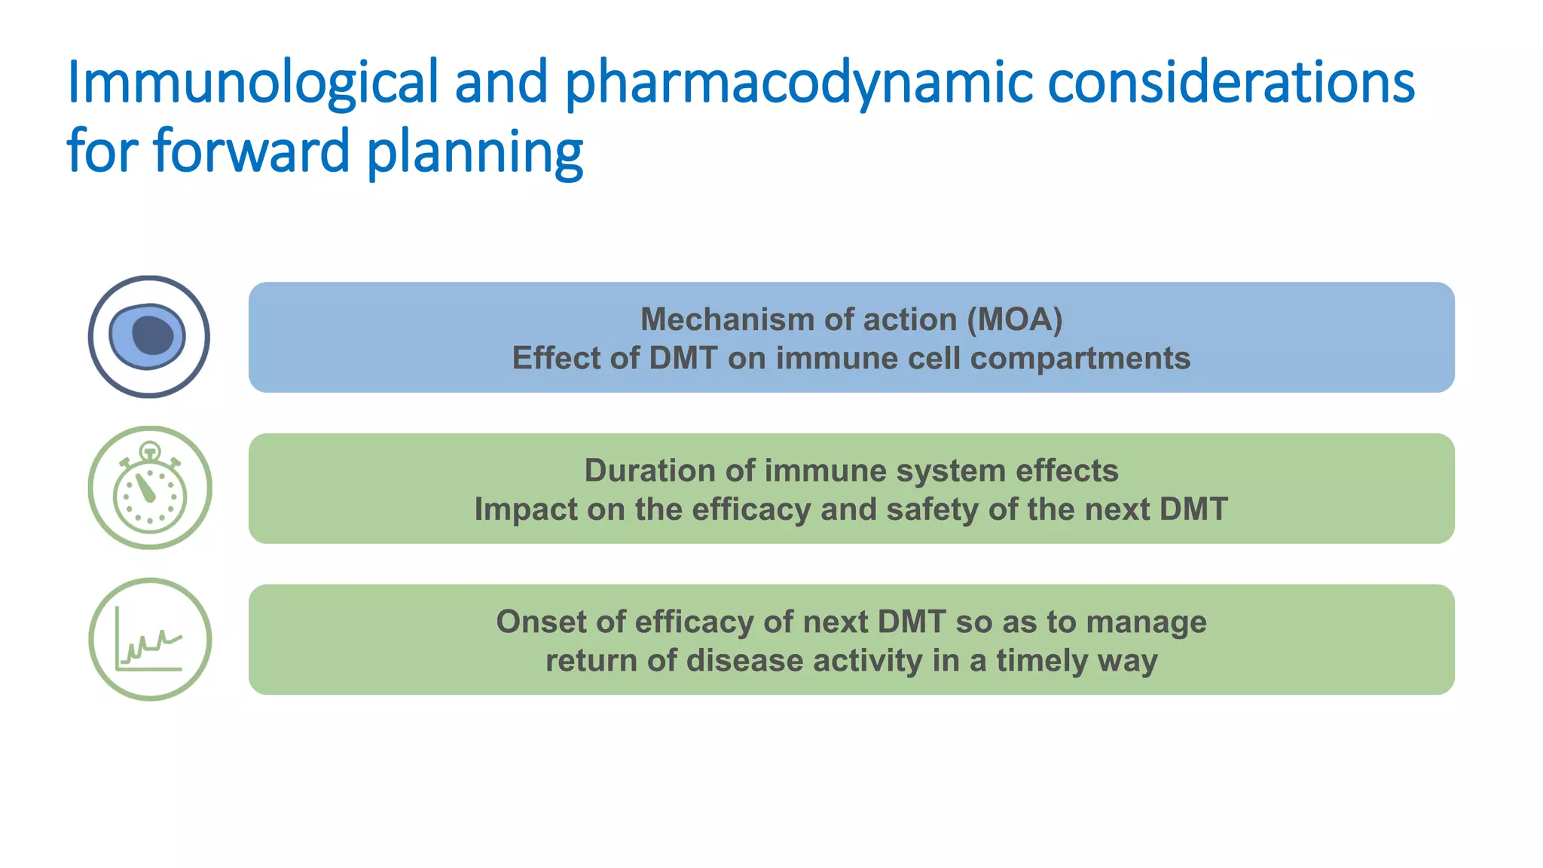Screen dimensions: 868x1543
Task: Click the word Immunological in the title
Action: [x=252, y=83]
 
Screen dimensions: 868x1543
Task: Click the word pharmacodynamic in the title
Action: [x=798, y=83]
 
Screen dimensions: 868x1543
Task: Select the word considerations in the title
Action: [x=1230, y=83]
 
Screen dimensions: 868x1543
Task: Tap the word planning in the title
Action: [x=475, y=152]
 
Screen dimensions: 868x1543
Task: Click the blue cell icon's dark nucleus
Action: [x=152, y=335]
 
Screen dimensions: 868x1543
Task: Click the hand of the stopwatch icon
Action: [x=145, y=489]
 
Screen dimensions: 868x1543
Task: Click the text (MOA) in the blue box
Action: [x=1015, y=319]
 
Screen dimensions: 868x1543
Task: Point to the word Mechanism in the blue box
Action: [x=723, y=319]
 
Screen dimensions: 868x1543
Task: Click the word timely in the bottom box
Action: [x=1041, y=662]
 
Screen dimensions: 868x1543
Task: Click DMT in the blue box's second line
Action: [x=683, y=359]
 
